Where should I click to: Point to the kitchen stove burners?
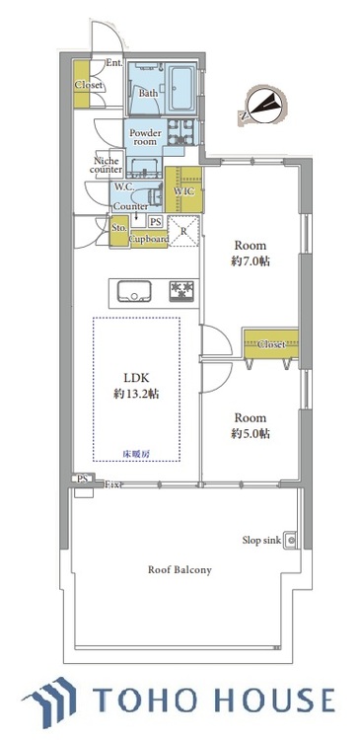point(181,289)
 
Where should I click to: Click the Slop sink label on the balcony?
point(261,540)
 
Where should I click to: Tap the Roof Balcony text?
point(180,570)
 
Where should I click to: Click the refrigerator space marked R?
point(183,232)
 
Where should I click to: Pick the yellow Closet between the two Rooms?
point(271,343)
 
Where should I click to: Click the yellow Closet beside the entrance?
point(89,85)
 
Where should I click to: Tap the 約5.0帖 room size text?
point(252,433)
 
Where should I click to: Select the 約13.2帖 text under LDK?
point(136,394)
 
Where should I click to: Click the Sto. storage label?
point(118,228)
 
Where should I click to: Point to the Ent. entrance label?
point(113,63)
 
